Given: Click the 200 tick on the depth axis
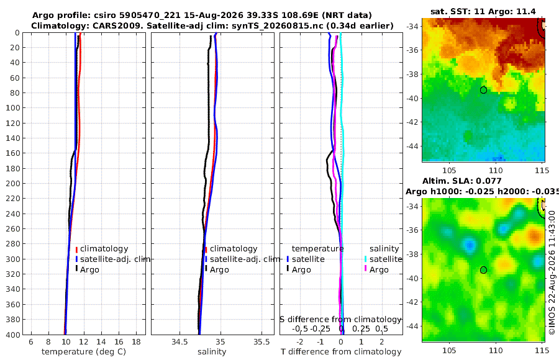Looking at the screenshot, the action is [x=12, y=183].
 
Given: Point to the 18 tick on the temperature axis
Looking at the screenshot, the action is [x=136, y=342].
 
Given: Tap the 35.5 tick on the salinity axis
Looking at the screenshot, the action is [x=261, y=342].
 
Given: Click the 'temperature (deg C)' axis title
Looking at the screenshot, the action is [x=84, y=352].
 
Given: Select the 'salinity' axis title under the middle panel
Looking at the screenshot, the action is [x=212, y=352].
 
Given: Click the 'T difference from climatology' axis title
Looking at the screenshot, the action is [x=341, y=352].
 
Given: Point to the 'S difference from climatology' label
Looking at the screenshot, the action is [x=341, y=319].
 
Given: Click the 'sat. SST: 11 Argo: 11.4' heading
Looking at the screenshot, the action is [x=483, y=11].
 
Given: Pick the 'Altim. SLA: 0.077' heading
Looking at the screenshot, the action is [x=462, y=181].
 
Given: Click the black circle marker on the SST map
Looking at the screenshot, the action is [x=483, y=90].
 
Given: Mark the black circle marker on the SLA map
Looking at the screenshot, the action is [x=483, y=270].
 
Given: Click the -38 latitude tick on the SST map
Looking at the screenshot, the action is [x=412, y=74].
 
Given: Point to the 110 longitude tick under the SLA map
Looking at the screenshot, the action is [x=496, y=350].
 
